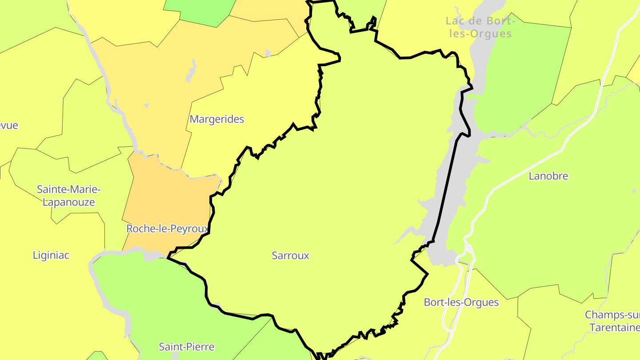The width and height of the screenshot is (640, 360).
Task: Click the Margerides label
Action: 217,119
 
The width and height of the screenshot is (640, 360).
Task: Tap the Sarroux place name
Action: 290,256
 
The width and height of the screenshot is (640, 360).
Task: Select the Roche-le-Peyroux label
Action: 167,229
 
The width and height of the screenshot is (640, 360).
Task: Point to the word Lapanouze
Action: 68,202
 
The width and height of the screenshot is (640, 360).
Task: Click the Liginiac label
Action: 51,255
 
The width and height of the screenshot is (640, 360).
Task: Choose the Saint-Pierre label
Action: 187,347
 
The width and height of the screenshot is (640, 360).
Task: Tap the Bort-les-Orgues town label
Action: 461,302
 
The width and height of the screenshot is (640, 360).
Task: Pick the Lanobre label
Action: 548,176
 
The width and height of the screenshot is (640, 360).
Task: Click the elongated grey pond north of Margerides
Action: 191,71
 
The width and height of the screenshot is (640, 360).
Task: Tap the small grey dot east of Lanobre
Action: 634,191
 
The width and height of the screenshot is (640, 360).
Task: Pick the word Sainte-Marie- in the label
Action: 68,190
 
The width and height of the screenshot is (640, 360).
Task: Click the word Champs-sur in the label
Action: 612,315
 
